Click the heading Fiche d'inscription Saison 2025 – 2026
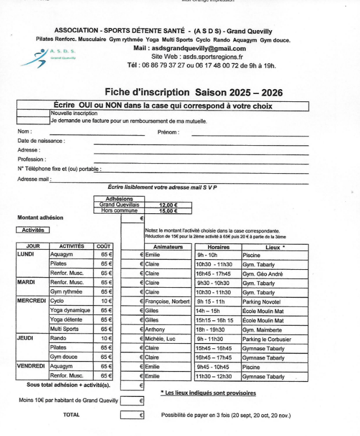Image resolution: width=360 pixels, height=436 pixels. click(x=193, y=92)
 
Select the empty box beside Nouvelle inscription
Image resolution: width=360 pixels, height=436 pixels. click(x=34, y=113)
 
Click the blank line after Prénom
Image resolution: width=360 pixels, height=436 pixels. click(x=250, y=135)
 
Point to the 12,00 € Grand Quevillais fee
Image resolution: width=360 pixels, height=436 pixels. click(x=168, y=205)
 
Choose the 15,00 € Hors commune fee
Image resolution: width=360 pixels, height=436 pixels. click(x=168, y=211)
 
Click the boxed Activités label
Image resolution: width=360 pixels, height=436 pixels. click(x=33, y=230)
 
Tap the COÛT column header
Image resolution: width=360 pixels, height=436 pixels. click(x=103, y=246)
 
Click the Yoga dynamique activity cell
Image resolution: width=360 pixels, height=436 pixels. click(x=70, y=310)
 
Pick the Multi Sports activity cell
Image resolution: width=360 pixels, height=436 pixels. click(x=64, y=329)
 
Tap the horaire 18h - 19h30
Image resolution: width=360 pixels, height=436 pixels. click(x=211, y=329)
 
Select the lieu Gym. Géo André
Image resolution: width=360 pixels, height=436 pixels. click(x=263, y=274)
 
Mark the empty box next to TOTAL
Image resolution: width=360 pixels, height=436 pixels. click(x=132, y=415)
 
